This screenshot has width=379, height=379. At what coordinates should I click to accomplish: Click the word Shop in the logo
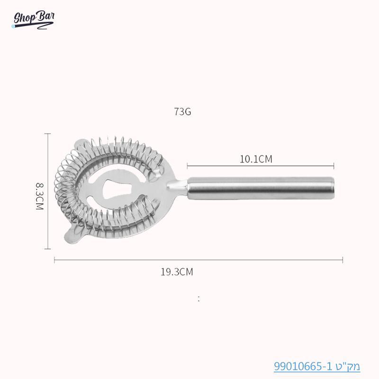pos(24,19)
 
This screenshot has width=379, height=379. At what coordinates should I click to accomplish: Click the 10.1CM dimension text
pos(256,159)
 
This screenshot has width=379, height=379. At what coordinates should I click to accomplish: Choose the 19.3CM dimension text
pos(177,272)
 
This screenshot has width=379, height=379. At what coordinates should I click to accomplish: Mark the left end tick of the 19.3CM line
pos(54,260)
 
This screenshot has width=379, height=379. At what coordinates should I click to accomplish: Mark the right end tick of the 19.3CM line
pos(343,260)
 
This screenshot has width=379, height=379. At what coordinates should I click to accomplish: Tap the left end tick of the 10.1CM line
pos(188,166)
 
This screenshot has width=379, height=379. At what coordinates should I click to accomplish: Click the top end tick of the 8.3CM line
pos(47,134)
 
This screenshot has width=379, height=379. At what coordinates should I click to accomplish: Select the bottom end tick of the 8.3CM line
pos(47,249)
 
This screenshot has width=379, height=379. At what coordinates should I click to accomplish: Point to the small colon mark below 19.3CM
pos(199,298)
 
